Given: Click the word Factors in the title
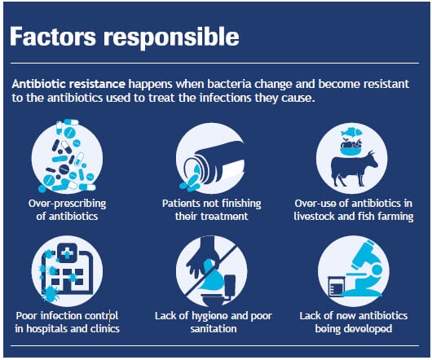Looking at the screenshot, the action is (53, 37).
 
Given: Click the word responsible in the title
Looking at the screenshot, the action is (171, 38).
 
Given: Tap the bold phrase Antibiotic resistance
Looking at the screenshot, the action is (68, 84).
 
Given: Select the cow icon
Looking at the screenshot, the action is (354, 168).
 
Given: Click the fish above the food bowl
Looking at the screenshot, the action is (350, 132).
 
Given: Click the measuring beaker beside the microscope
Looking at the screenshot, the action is (336, 286).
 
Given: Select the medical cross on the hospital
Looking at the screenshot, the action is (67, 252).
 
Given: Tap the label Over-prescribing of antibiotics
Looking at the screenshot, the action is (67, 209).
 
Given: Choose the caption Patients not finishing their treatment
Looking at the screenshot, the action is (212, 209).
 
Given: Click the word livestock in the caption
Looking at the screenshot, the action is (315, 217).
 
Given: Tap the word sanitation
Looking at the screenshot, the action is (214, 329).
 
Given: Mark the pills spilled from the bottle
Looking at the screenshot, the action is (190, 182).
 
